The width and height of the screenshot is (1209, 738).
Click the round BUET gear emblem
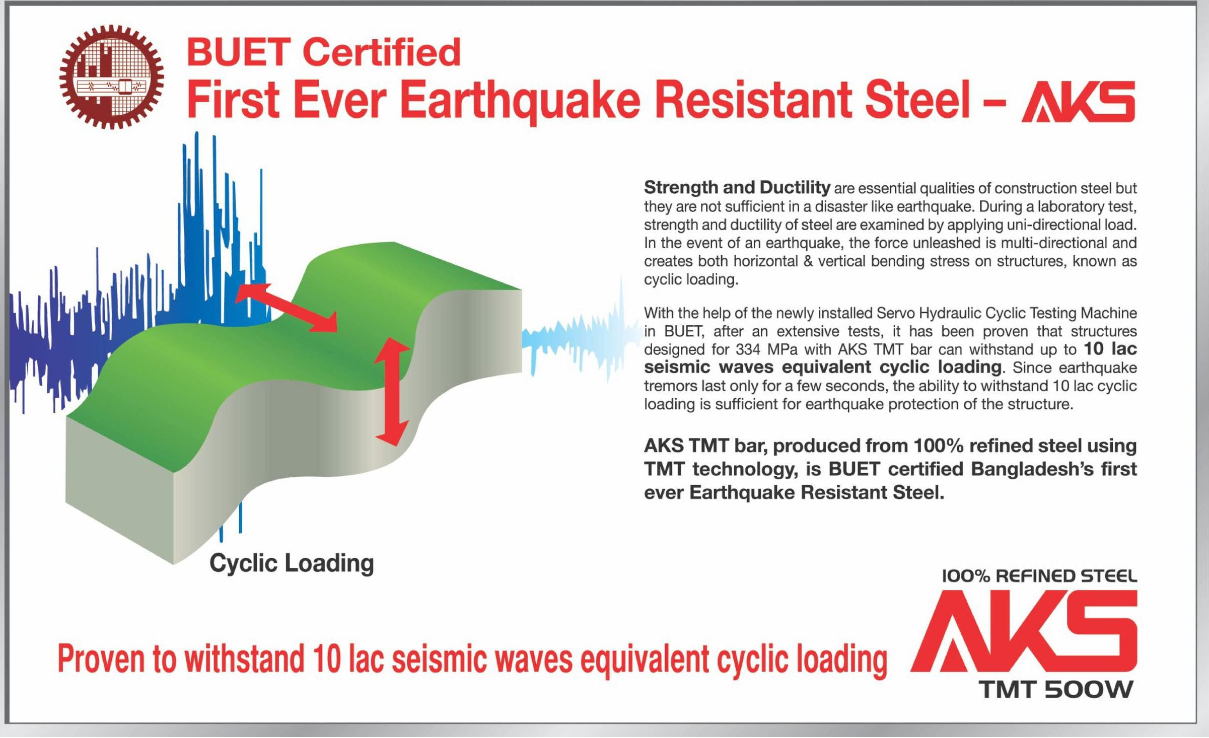click(x=111, y=77)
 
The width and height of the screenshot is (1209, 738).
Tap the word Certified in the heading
click(x=383, y=52)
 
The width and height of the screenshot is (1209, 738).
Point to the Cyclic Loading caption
click(x=292, y=563)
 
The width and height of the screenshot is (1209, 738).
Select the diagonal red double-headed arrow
click(x=286, y=307)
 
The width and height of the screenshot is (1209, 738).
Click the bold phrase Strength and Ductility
click(x=737, y=187)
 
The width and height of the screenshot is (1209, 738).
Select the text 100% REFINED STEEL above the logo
click(x=1039, y=576)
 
